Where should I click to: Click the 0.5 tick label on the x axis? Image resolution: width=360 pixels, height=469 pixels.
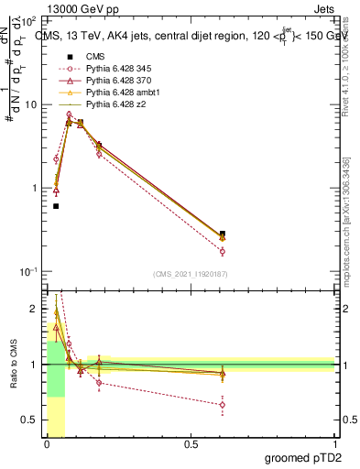coord(191,445)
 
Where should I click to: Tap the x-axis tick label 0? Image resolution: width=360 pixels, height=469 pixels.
coord(47,445)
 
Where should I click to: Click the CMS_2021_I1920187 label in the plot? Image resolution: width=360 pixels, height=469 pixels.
coord(191,274)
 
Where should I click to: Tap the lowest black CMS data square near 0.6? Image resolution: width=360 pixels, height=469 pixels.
coord(56,206)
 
